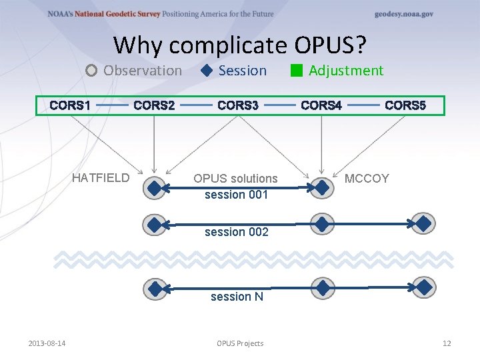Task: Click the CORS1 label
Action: pos(70,105)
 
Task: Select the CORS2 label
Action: pos(154,105)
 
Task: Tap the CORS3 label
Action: pos(238,105)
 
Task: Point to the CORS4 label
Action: pos(321,105)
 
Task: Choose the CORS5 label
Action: pos(405,105)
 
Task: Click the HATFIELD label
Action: pos(101,178)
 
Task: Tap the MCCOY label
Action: pos(367,179)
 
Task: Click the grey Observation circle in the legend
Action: pos(92,71)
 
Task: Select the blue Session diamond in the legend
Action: pos(207,71)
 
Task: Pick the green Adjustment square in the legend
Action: pos(297,71)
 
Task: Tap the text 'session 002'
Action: pos(237,232)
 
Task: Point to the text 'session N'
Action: pos(237,297)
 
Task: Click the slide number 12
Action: pos(447,343)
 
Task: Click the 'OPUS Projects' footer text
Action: pos(240,343)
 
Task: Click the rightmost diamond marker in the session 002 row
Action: pos(423,223)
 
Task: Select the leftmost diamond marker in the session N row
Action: pos(155,288)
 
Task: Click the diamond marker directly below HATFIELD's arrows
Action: pos(155,189)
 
